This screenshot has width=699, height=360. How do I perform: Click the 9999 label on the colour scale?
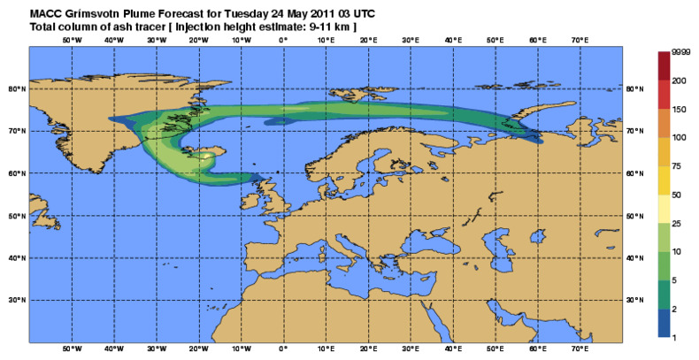(681, 55)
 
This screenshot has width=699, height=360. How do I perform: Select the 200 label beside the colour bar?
(679, 80)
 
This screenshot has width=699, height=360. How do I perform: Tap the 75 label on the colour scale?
(677, 165)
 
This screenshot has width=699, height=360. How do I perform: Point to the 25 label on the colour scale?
(677, 222)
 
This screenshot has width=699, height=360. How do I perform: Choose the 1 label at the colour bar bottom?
(674, 338)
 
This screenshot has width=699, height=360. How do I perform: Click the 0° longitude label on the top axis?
(283, 40)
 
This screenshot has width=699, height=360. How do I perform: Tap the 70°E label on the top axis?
(580, 40)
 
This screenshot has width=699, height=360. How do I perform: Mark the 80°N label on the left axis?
(16, 88)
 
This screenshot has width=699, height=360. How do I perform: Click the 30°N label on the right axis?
(634, 300)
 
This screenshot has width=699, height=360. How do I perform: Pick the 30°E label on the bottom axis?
(411, 349)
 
